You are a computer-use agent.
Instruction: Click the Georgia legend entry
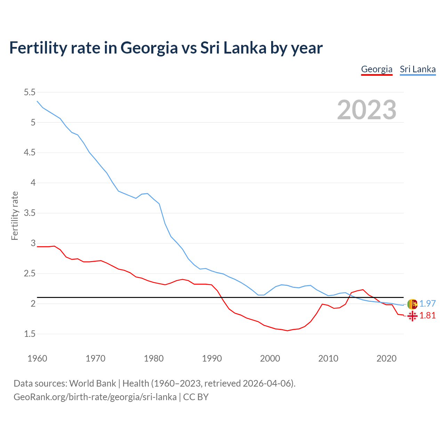tap(377, 69)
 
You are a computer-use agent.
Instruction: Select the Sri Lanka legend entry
tap(418, 69)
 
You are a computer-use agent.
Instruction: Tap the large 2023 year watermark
tap(367, 110)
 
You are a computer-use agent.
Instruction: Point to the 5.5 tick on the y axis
tap(30, 92)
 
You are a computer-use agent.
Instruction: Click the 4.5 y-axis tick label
tap(30, 153)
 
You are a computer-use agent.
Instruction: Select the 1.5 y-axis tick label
tap(30, 334)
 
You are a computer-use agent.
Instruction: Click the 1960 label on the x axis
tap(37, 358)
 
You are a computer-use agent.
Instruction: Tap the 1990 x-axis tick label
tap(212, 358)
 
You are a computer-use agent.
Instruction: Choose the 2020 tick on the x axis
tap(386, 358)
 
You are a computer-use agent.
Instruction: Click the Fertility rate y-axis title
tap(15, 216)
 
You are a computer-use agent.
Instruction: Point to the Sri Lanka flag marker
tap(412, 304)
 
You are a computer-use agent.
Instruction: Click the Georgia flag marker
tap(412, 316)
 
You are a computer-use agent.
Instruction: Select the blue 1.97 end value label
tap(427, 304)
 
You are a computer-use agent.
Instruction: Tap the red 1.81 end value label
tap(427, 315)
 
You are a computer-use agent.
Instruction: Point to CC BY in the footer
tap(196, 397)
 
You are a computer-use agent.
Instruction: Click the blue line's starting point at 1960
tap(37, 101)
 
